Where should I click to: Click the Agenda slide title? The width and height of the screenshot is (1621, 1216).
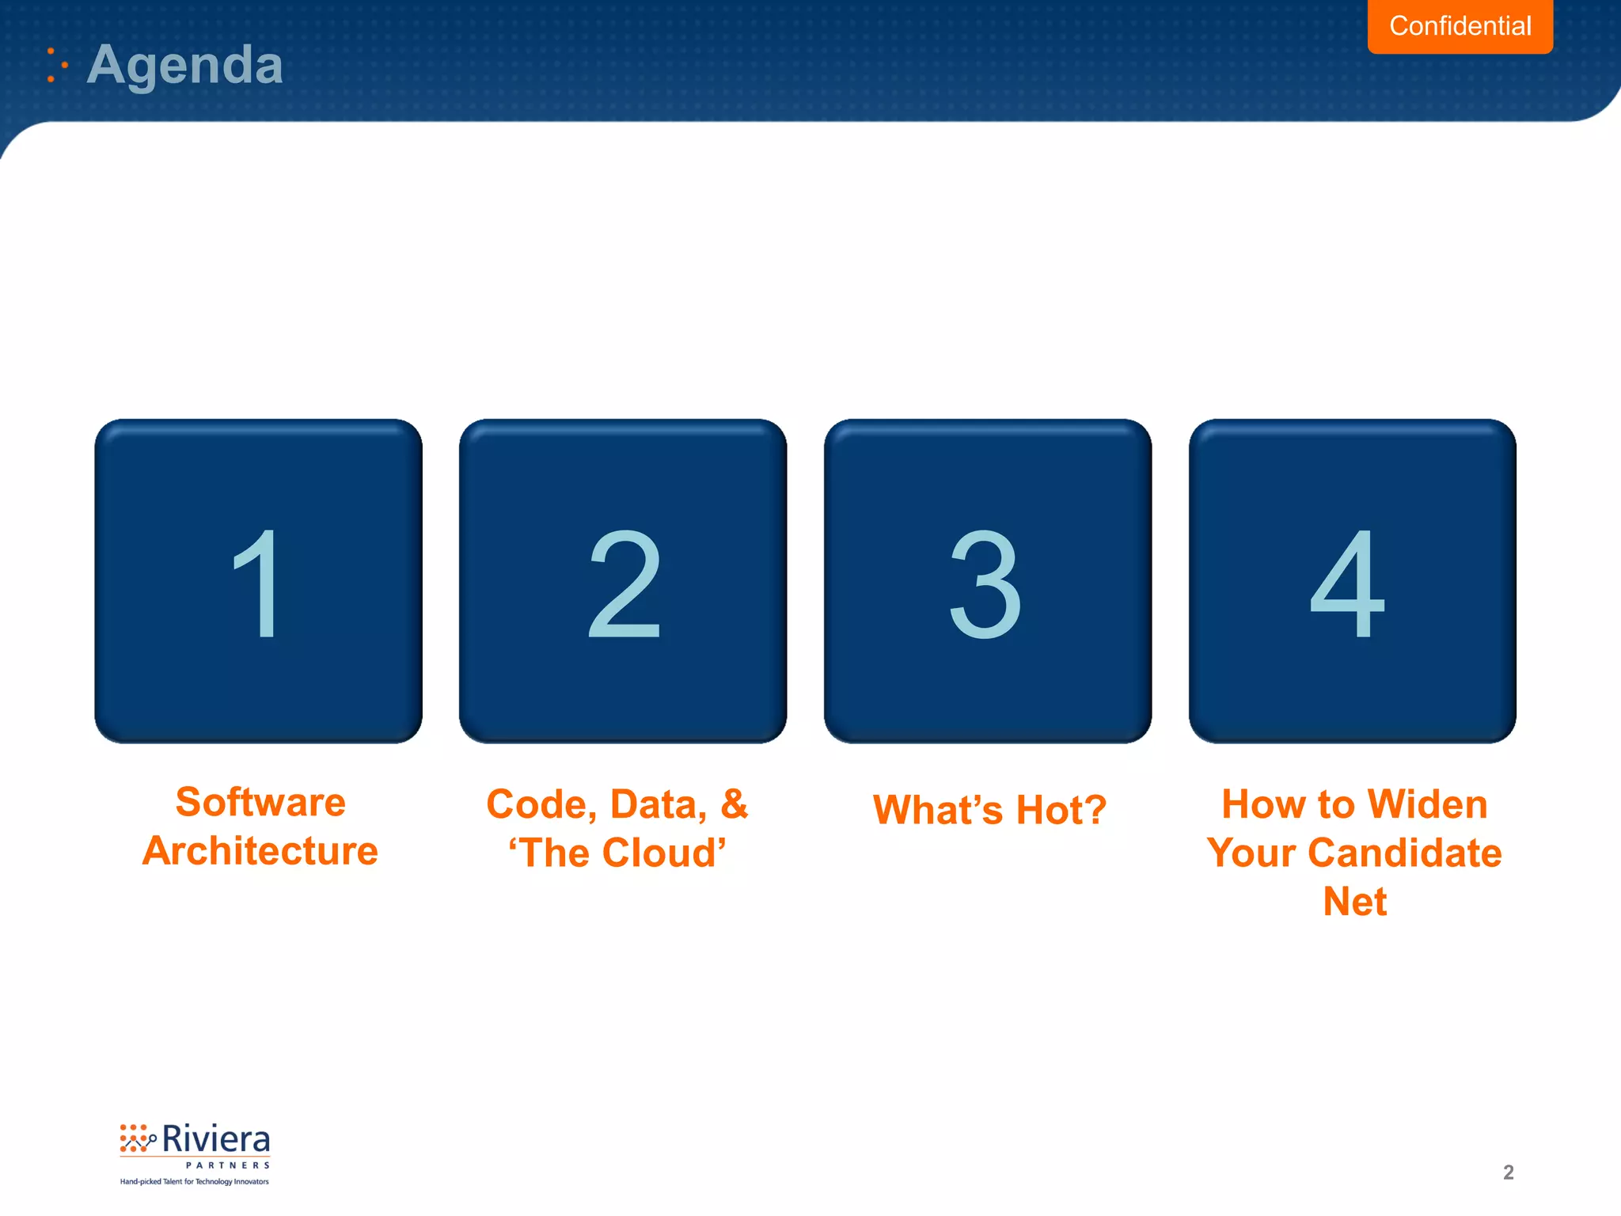pyautogui.click(x=184, y=65)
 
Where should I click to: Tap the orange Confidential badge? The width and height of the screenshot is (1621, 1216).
pyautogui.click(x=1460, y=26)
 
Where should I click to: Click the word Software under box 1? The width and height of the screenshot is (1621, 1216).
pyautogui.click(x=260, y=803)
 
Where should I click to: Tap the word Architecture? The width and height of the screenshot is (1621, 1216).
pyautogui.click(x=260, y=851)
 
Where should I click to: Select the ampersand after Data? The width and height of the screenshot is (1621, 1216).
pyautogui.click(x=734, y=804)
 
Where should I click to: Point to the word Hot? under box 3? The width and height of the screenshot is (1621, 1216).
pyautogui.click(x=1061, y=810)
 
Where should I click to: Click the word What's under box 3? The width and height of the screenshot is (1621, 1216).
pyautogui.click(x=938, y=810)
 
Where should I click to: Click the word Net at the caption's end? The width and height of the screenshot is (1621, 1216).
pyautogui.click(x=1354, y=902)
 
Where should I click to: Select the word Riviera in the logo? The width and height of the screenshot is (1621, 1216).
pyautogui.click(x=215, y=1140)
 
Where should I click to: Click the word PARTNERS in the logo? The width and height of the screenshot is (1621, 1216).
pyautogui.click(x=228, y=1165)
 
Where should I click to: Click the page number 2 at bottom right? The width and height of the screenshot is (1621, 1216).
pyautogui.click(x=1508, y=1172)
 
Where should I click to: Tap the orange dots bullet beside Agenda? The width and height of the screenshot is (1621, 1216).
pyautogui.click(x=55, y=65)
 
